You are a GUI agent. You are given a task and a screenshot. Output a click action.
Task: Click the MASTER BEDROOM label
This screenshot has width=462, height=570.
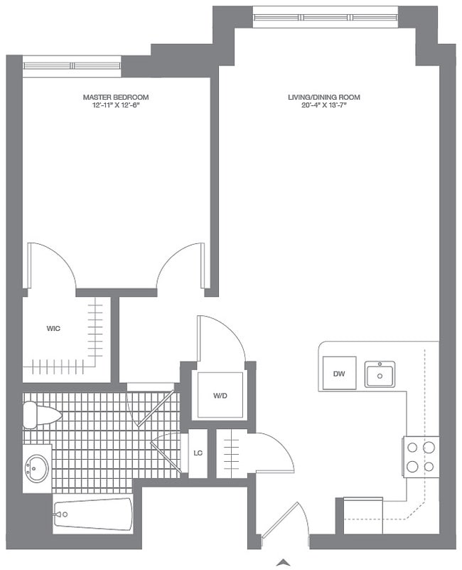[116, 97]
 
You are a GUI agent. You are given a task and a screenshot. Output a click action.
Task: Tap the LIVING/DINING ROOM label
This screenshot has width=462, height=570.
[324, 97]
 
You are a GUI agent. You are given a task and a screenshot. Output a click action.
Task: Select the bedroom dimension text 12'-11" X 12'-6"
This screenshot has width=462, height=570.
[116, 105]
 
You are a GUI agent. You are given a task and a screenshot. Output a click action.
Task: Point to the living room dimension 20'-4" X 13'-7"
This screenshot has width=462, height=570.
[324, 105]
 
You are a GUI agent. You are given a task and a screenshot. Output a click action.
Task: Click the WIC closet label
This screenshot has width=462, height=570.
[53, 329]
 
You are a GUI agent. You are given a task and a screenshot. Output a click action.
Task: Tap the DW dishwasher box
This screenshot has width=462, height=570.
[340, 373]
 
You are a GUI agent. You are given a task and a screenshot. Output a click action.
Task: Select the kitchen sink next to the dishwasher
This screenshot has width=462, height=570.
[380, 374]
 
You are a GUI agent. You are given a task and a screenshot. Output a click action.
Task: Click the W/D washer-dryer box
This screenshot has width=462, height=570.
[220, 396]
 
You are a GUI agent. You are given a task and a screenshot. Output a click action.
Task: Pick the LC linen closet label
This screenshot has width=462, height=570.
[198, 453]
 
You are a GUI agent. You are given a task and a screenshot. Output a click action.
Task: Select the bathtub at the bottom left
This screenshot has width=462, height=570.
[93, 514]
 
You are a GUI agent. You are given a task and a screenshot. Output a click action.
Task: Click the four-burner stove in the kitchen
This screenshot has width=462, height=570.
[421, 457]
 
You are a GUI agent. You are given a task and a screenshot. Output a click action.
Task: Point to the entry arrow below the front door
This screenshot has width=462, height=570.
[284, 562]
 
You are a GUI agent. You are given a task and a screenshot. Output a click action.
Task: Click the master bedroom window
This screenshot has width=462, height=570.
[72, 65]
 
